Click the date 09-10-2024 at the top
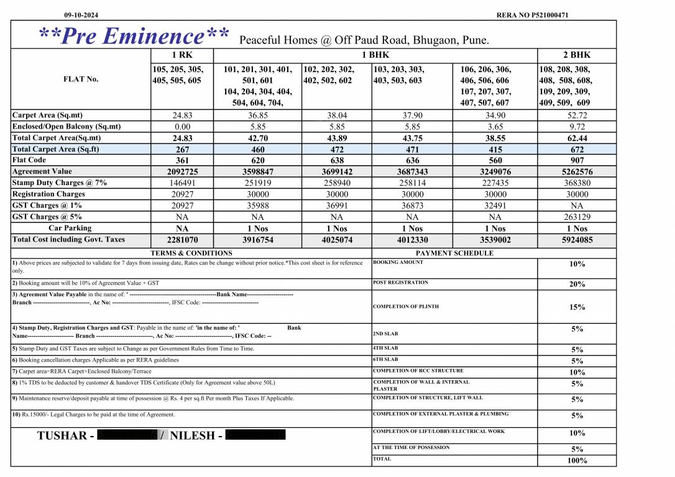point(81,15)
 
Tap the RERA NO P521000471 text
point(533,15)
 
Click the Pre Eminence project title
point(134,36)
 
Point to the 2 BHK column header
point(577,55)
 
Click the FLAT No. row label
point(81,79)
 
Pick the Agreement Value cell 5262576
point(577,172)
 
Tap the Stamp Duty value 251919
point(258,183)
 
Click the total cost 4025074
point(336,240)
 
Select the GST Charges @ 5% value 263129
point(577,217)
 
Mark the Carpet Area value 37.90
point(412,116)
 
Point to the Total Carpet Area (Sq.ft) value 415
point(495,150)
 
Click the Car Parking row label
point(70,229)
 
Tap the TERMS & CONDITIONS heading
point(191,253)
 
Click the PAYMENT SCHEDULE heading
point(454,253)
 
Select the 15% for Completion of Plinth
point(577,307)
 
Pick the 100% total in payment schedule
point(577,461)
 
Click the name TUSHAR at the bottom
point(62,435)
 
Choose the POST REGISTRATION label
point(400,283)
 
